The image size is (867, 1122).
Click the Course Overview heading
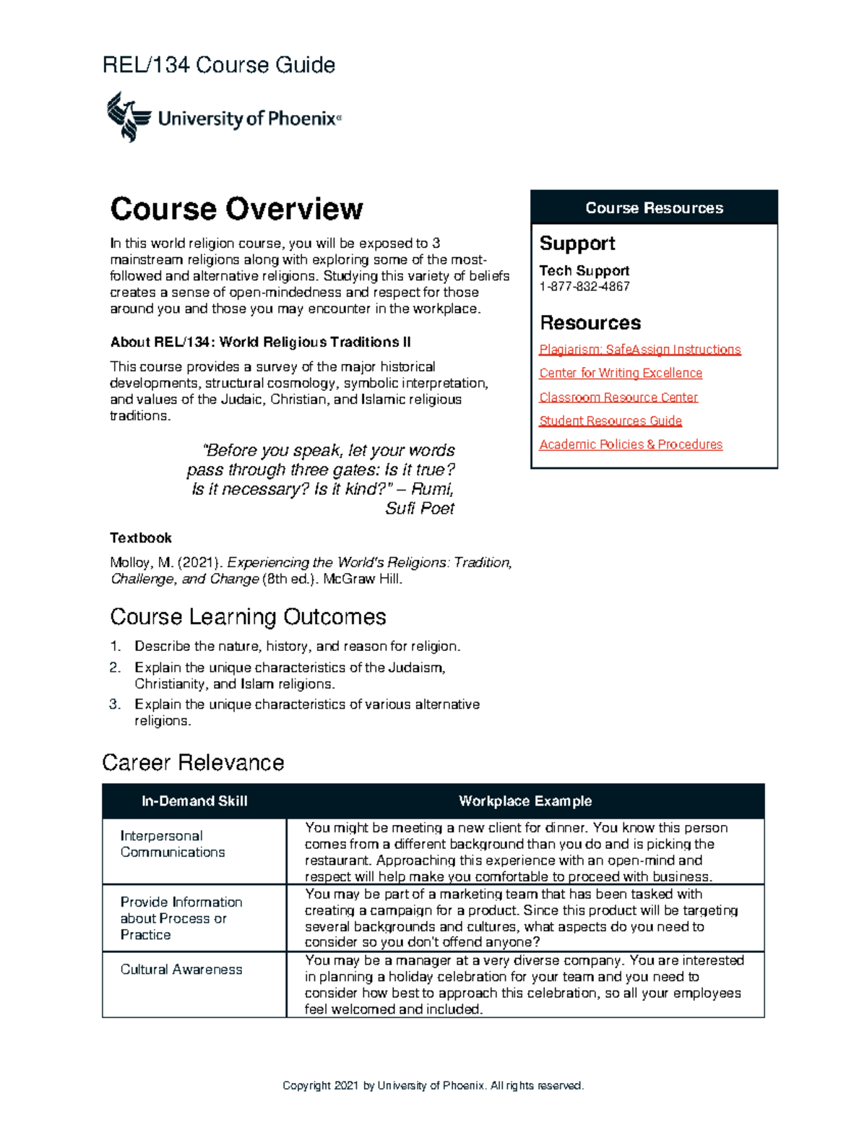click(236, 209)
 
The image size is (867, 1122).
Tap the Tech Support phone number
click(584, 287)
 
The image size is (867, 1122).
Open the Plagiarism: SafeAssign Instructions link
click(639, 350)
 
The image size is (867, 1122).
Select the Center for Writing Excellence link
click(620, 374)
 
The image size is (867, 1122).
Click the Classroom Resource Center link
click(618, 397)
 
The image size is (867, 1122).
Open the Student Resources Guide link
click(610, 421)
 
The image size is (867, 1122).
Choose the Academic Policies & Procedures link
click(630, 445)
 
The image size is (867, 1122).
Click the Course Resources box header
click(654, 208)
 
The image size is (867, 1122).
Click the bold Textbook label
click(141, 538)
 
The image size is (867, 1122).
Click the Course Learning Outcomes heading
click(248, 617)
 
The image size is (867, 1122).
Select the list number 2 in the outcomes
click(115, 668)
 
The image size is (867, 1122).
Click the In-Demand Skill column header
click(194, 801)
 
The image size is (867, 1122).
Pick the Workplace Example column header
click(525, 801)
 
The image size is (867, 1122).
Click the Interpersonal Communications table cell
click(173, 845)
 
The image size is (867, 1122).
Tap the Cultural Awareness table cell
click(181, 970)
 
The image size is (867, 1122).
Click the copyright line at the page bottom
click(433, 1086)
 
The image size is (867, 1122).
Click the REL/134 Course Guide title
click(219, 66)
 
